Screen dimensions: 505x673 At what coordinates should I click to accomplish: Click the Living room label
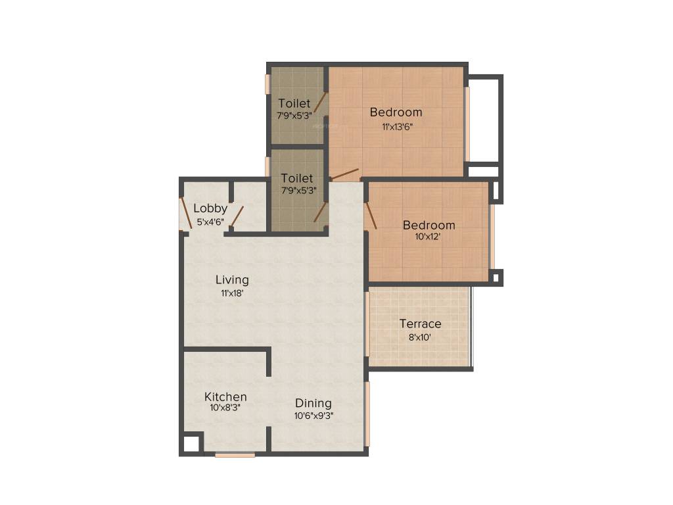tap(232, 279)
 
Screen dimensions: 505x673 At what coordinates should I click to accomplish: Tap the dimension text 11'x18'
tap(232, 293)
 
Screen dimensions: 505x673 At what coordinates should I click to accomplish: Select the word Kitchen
tap(225, 397)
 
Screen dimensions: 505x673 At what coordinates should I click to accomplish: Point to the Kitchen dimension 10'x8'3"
tap(225, 408)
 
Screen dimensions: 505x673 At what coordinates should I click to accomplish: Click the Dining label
tap(313, 403)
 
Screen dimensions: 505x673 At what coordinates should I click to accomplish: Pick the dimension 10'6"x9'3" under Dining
tap(313, 415)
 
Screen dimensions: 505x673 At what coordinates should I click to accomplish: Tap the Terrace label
tap(421, 324)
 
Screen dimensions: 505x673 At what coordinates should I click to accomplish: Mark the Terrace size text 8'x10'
tap(421, 337)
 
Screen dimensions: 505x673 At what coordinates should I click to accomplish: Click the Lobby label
tap(210, 208)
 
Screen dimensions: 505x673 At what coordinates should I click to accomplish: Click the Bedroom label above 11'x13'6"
tap(396, 112)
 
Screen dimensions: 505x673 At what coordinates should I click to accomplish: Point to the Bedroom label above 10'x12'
tap(429, 225)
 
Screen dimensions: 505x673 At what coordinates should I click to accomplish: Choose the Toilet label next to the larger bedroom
tap(294, 103)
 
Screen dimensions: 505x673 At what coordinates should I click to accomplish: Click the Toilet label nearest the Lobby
tap(297, 178)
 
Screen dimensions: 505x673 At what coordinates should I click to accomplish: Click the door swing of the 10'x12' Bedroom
tap(371, 216)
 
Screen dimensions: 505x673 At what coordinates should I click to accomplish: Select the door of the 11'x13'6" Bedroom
tap(344, 174)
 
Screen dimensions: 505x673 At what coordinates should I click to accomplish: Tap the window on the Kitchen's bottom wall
tap(235, 454)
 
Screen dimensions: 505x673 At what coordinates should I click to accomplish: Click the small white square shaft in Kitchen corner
tap(191, 443)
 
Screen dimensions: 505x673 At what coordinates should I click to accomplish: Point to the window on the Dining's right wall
tap(367, 414)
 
